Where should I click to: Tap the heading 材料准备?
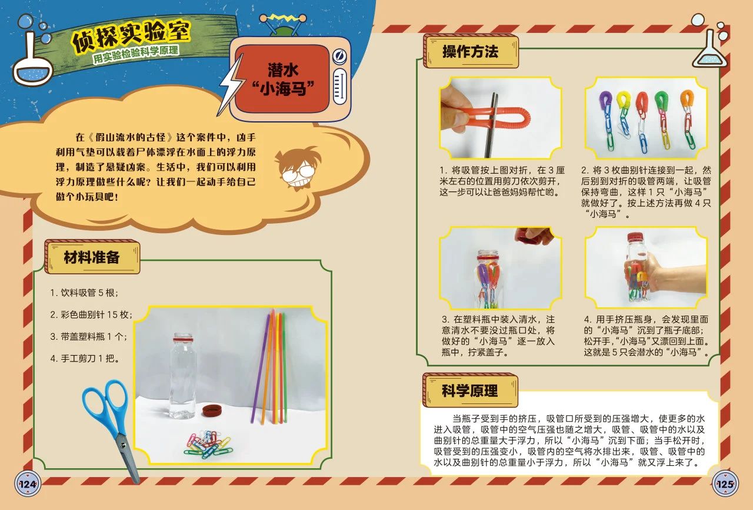92,257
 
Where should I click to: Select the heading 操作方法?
470,51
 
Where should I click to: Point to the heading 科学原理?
469,390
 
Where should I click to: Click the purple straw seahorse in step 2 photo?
605,103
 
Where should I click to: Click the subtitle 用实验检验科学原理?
136,55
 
